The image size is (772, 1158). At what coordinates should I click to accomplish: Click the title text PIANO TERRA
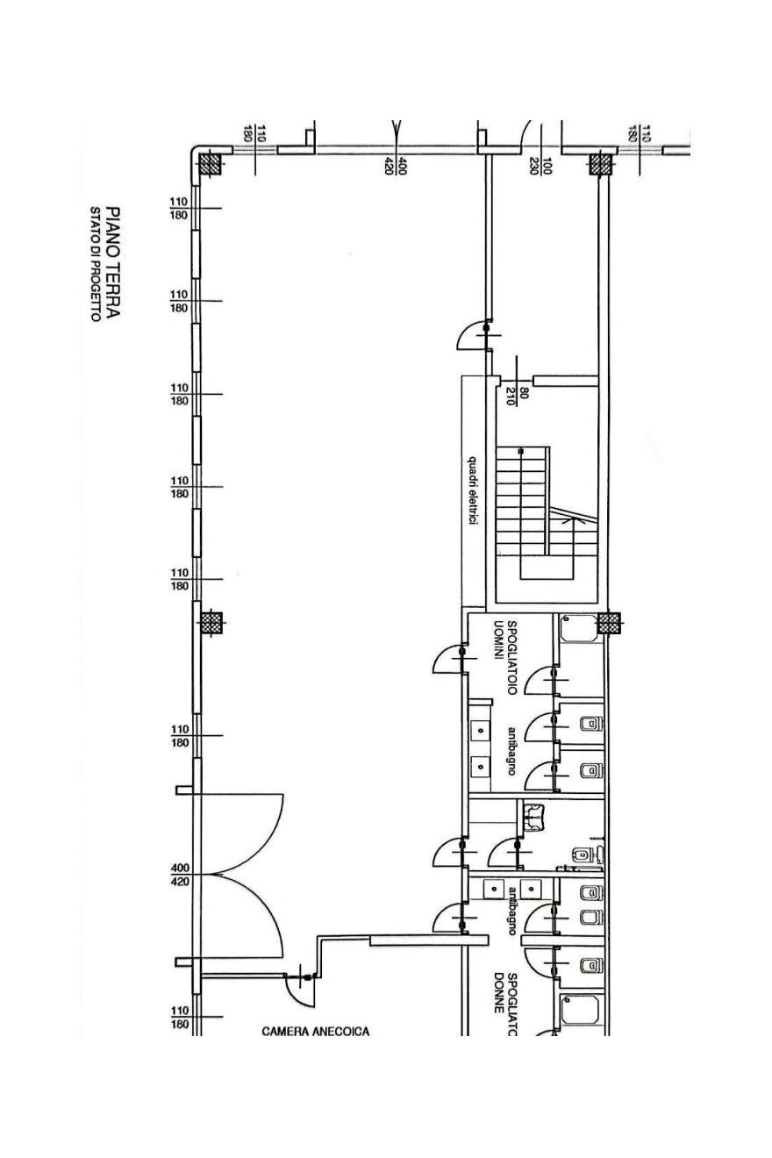pyautogui.click(x=112, y=262)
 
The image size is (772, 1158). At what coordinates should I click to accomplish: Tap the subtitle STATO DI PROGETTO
pyautogui.click(x=95, y=265)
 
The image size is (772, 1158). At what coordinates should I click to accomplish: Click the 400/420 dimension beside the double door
pyautogui.click(x=181, y=874)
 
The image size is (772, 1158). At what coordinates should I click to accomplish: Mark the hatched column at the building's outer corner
pyautogui.click(x=211, y=164)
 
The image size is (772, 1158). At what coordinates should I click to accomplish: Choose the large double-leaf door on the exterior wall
pyautogui.click(x=241, y=875)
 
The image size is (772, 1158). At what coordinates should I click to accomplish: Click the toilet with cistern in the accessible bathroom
pyautogui.click(x=589, y=854)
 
